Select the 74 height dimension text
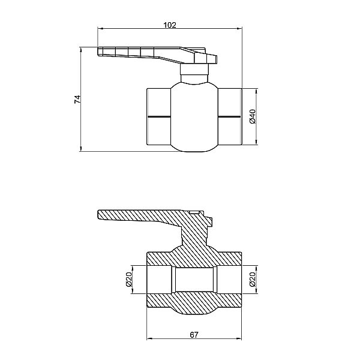[x=77, y=100]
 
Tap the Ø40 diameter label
[x=253, y=116]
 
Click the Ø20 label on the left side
[x=128, y=279]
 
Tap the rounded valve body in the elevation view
[x=195, y=117]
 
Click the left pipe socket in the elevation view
[x=158, y=116]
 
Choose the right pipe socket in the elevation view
[x=230, y=116]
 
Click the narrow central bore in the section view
[x=195, y=280]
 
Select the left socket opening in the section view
[x=159, y=280]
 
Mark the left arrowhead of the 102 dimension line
[x=100, y=28]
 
